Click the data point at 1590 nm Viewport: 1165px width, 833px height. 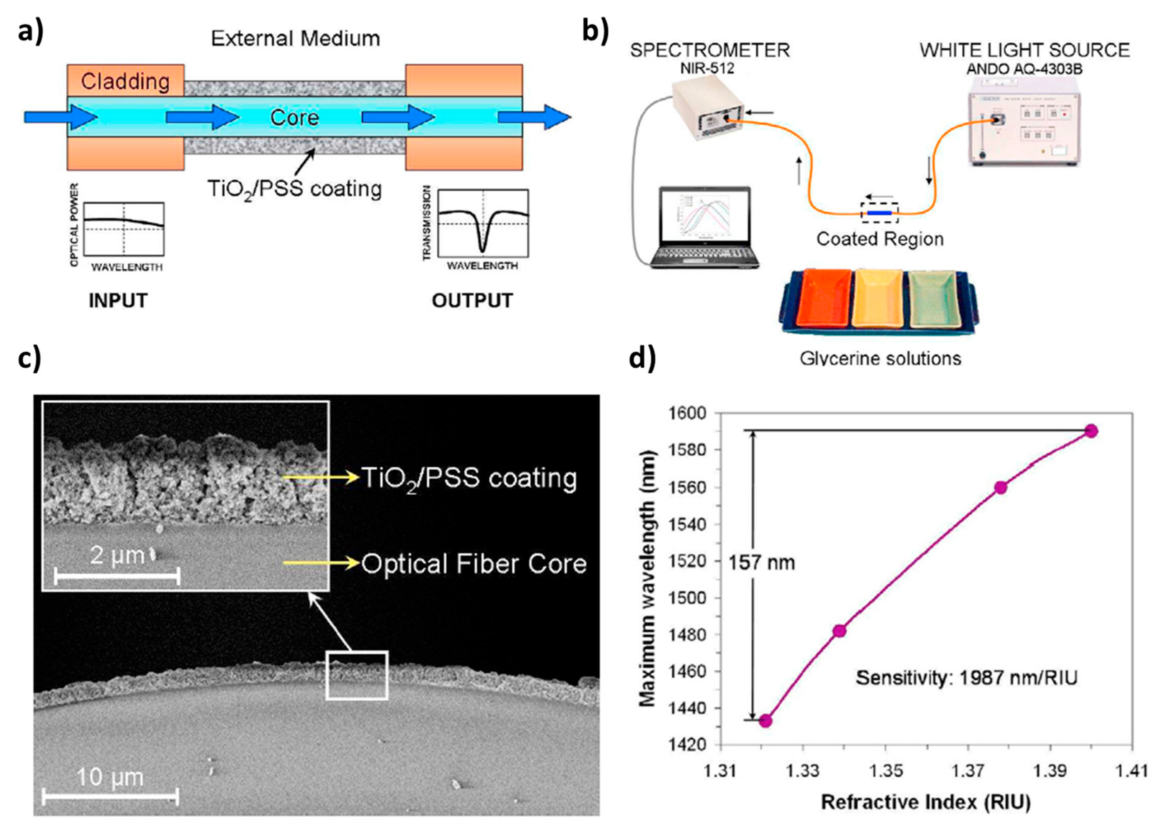[1091, 431]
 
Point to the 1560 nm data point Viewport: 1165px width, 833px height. [1000, 487]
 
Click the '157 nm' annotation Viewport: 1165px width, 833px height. [762, 563]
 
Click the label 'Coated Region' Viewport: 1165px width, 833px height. [880, 239]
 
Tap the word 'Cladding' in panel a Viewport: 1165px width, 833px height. [125, 81]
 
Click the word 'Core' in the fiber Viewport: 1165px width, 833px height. [295, 118]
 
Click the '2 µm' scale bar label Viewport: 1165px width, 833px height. [117, 555]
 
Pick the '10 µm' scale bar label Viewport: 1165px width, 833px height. [110, 777]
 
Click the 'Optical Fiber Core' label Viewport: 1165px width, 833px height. [474, 564]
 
